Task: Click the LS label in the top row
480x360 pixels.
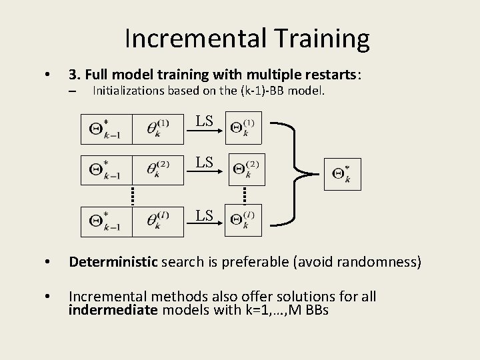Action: [x=204, y=121]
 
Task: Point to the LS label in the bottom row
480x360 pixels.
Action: [x=204, y=215]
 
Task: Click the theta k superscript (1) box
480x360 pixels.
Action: [x=157, y=129]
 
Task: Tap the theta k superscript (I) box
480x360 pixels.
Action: [x=157, y=221]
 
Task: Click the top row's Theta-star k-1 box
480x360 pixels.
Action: [x=105, y=129]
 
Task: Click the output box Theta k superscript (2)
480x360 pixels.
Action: [x=247, y=171]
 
